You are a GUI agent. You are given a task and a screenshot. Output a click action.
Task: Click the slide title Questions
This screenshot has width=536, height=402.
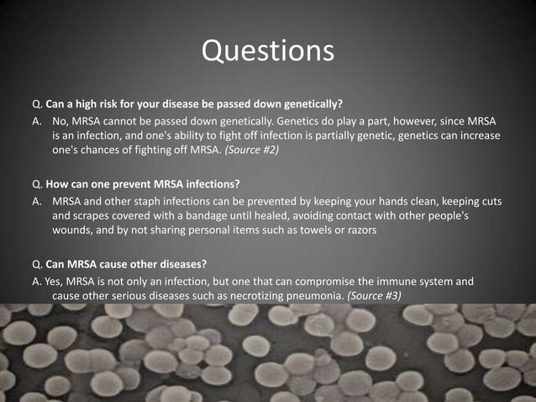tap(268, 50)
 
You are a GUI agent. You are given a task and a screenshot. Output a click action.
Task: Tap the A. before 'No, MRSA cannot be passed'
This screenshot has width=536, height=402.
tap(37, 122)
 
